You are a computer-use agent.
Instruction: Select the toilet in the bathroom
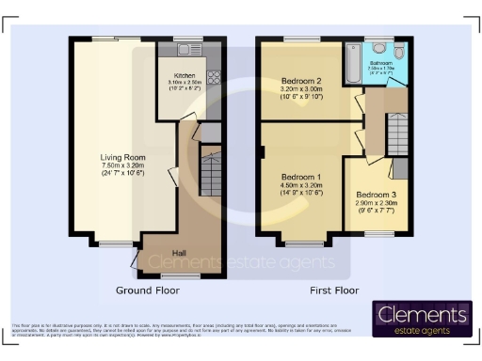(401, 51)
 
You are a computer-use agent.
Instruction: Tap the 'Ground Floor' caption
(147, 290)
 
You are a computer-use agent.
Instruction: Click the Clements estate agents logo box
(422, 318)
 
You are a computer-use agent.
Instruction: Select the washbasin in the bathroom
(379, 47)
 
